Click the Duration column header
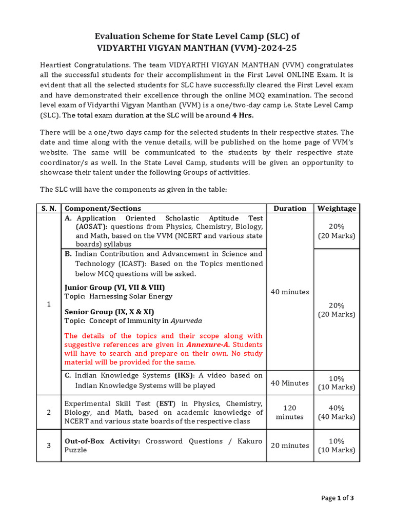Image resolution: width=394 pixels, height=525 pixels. (290, 208)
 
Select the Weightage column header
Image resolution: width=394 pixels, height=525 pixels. (337, 208)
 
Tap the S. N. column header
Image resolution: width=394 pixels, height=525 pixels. (49, 208)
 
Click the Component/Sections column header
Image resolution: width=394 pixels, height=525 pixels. (103, 208)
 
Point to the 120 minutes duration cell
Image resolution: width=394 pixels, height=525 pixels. (290, 412)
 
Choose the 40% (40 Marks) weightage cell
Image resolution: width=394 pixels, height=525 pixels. (337, 412)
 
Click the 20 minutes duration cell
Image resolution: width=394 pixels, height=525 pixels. (290, 446)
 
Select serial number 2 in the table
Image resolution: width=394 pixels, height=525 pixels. (49, 412)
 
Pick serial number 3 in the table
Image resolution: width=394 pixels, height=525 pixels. (49, 446)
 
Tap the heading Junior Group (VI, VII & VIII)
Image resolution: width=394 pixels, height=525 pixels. (114, 287)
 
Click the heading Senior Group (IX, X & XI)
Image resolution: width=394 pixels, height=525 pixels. (109, 312)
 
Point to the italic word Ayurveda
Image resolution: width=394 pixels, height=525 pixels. (186, 320)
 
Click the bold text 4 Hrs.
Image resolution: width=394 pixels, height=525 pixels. (243, 115)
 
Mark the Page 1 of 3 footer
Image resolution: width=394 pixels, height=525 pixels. (338, 497)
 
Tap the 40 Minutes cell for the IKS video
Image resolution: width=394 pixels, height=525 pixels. (290, 383)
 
